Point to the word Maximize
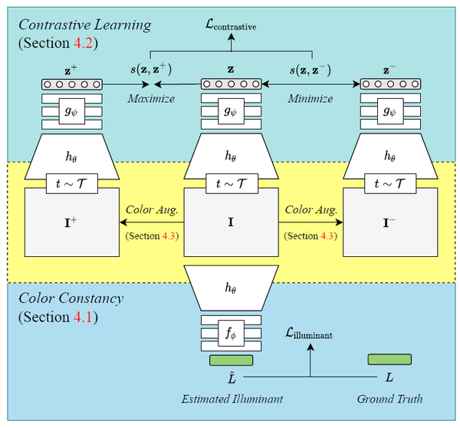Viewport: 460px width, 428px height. click(150, 99)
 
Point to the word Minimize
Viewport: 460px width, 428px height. click(310, 99)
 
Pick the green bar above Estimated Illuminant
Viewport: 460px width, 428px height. click(230, 360)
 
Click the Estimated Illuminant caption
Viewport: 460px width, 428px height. click(230, 399)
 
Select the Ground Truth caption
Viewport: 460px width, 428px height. click(389, 399)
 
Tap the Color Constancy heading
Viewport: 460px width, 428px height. click(71, 298)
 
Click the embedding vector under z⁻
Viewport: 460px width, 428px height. click(389, 84)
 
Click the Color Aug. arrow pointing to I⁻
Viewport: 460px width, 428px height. click(310, 222)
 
